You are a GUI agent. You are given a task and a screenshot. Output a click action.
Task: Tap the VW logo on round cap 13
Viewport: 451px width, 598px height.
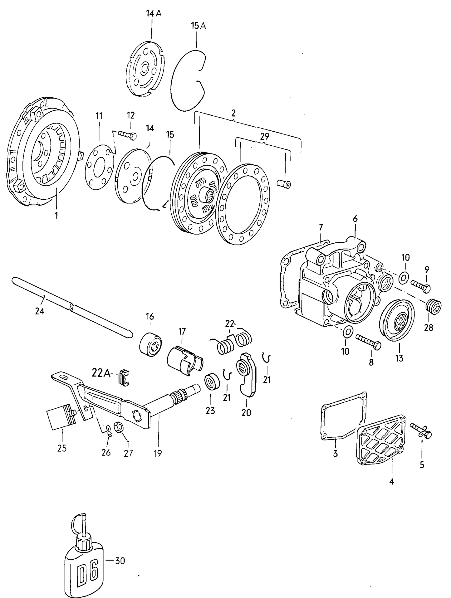(x=400, y=321)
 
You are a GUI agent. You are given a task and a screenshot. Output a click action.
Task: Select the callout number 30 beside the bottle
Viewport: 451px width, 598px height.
(x=120, y=561)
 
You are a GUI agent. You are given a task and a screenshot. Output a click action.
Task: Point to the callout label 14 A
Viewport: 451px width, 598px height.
(x=154, y=13)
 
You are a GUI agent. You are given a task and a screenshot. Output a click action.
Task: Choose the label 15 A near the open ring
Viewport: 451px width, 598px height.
(x=199, y=26)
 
